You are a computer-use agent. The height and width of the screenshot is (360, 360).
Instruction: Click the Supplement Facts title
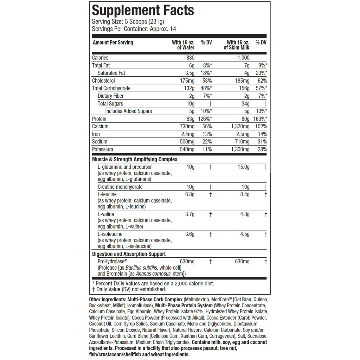point(143,10)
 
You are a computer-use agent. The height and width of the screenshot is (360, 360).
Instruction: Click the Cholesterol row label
point(103,81)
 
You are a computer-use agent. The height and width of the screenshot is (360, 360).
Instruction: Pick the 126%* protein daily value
point(205,119)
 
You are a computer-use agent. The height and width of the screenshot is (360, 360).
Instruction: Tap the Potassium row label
point(103,149)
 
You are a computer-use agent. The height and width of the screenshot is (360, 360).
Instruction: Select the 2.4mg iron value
point(187,134)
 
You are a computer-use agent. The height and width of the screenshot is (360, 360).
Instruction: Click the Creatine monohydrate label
point(120,187)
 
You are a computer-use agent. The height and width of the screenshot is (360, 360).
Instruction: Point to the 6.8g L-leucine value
point(190,194)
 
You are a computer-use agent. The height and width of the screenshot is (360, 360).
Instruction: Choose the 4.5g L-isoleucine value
point(245,234)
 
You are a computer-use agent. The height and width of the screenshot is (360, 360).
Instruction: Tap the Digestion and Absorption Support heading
point(129,254)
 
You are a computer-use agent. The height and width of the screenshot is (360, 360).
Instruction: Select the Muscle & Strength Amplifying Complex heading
point(135,159)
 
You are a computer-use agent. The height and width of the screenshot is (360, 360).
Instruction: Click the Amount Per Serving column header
point(113,43)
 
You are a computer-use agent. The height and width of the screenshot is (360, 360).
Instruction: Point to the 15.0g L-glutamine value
point(243,167)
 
